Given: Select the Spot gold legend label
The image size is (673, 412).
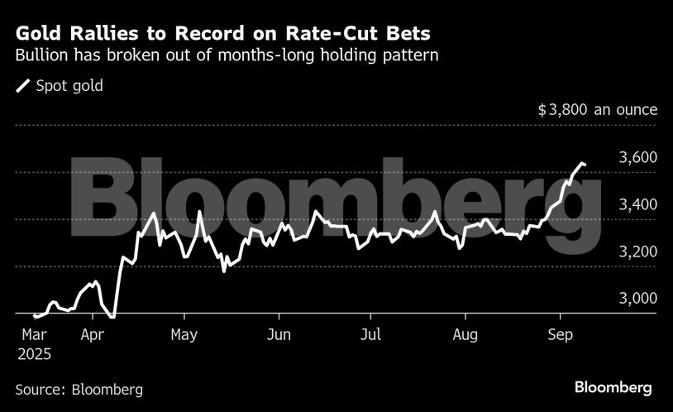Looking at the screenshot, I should click(x=69, y=85).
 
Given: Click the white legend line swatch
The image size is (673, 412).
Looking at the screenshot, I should click(x=24, y=86).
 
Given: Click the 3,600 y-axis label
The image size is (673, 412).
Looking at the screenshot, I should click(x=638, y=157).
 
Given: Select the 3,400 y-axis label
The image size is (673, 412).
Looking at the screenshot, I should click(x=638, y=204).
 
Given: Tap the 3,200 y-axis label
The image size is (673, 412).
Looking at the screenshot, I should click(x=638, y=252).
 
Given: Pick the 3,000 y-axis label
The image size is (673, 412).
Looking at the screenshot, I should click(x=638, y=299).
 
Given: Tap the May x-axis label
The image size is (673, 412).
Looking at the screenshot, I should click(x=184, y=335).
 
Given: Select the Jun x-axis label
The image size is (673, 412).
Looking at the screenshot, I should click(x=279, y=335).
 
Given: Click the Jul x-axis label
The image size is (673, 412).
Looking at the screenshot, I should click(x=371, y=335).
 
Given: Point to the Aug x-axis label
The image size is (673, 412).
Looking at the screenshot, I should click(x=466, y=335).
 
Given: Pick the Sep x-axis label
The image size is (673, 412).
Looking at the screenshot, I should click(x=561, y=335).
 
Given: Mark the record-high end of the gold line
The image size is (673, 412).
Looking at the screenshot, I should click(x=585, y=165).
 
